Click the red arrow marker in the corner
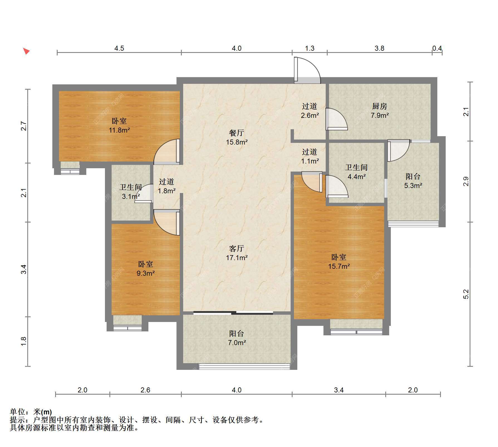(26, 51)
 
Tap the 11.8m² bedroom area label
(119, 126)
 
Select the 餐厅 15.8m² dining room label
(237, 138)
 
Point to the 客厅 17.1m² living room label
(237, 253)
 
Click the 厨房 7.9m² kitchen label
(379, 111)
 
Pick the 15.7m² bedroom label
(339, 262)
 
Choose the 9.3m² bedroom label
(145, 269)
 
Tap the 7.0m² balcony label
(237, 338)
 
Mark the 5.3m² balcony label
(413, 181)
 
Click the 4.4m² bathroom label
(357, 172)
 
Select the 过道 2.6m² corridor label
(310, 111)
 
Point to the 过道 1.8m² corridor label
(166, 186)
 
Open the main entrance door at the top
(307, 70)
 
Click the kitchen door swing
(337, 119)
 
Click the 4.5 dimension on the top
(119, 48)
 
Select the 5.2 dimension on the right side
(466, 294)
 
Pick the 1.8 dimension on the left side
(24, 341)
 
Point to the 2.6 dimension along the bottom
(145, 390)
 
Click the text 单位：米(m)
(31, 412)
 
